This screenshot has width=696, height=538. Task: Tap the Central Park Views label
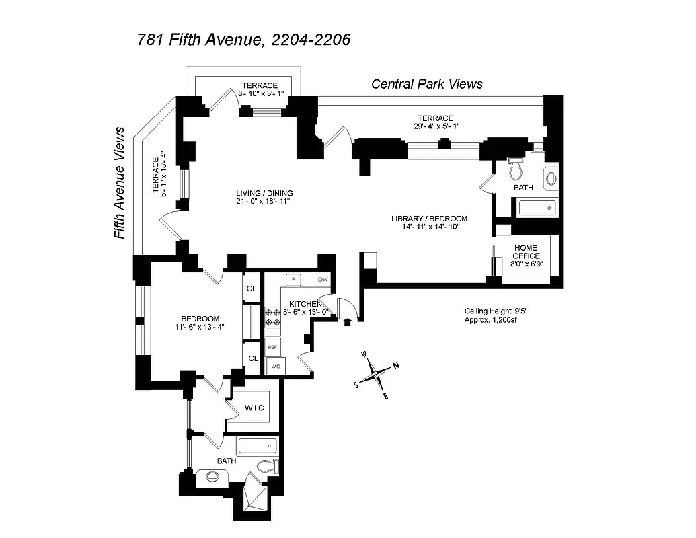click(427, 84)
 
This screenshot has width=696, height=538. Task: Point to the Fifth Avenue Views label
click(120, 183)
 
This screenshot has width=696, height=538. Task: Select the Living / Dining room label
click(264, 193)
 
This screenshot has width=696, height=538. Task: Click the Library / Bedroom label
click(429, 219)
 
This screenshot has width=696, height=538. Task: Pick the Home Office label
click(525, 252)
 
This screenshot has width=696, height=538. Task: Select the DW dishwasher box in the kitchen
click(323, 279)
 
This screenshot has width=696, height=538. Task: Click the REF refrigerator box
click(273, 347)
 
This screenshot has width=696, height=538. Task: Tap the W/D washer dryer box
click(274, 367)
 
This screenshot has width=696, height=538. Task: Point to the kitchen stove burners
click(274, 317)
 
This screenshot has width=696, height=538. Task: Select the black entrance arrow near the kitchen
click(347, 321)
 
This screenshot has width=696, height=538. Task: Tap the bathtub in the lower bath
click(258, 446)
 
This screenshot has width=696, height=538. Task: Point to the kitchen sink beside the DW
click(294, 279)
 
